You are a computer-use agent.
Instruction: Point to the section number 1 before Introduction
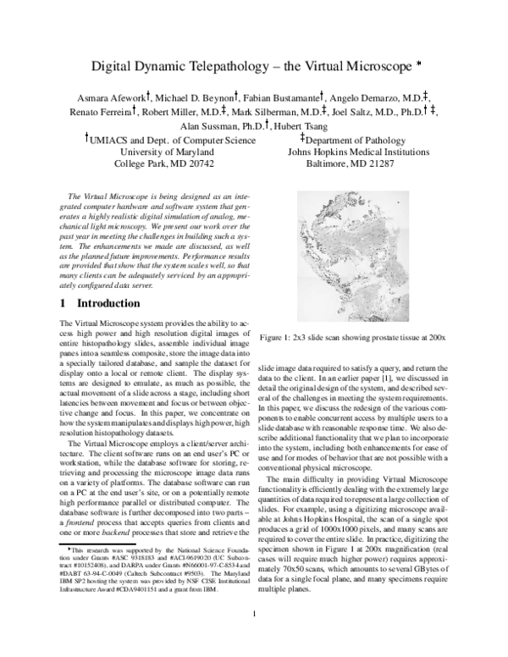point(63,303)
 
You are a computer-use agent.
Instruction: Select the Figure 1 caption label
point(279,338)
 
